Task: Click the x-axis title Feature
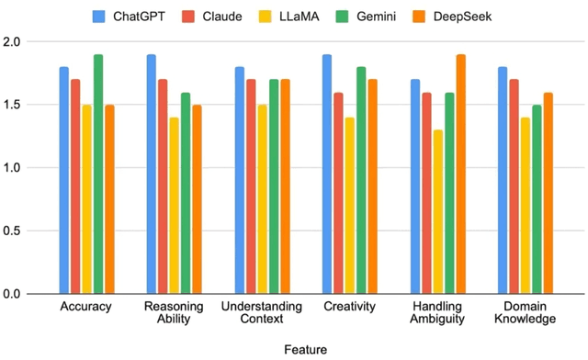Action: tap(304, 350)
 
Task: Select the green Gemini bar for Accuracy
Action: tap(97, 174)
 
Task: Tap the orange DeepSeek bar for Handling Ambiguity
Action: tap(460, 174)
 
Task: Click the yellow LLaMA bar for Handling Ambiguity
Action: tap(438, 211)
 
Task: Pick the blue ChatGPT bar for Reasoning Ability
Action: tap(152, 174)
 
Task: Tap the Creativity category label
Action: tap(349, 306)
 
